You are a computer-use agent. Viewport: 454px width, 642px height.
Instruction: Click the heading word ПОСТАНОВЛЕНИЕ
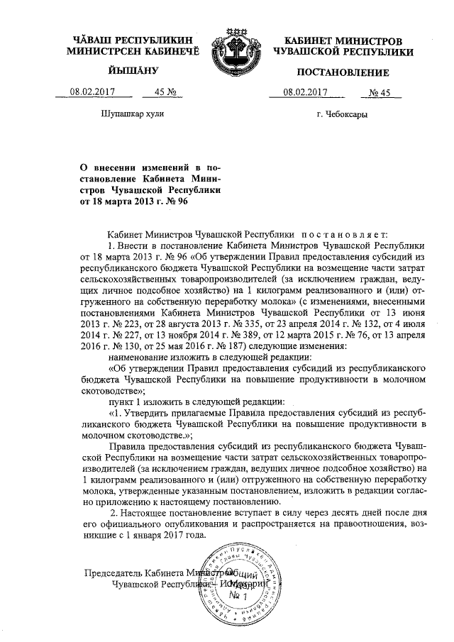[343, 72]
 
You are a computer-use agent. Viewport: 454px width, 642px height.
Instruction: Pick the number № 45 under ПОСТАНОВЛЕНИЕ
[380, 92]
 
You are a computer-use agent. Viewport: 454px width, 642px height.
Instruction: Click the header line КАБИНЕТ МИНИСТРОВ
[343, 41]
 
